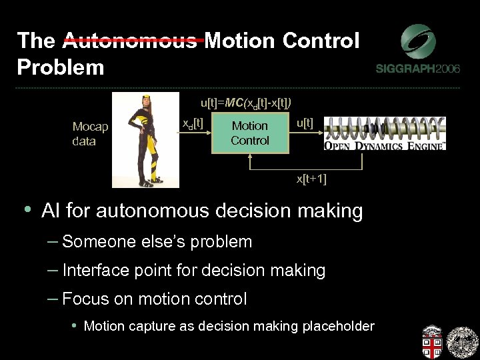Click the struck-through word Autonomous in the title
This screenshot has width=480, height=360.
point(131,41)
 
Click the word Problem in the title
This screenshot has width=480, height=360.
point(61,67)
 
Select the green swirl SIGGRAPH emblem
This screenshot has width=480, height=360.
point(418,41)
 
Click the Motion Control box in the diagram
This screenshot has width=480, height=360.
point(250,133)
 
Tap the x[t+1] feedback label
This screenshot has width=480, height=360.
point(311,179)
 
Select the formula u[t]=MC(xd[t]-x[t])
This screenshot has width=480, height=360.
point(245,103)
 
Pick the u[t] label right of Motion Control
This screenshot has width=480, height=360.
point(305,123)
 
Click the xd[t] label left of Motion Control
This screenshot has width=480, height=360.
point(193,123)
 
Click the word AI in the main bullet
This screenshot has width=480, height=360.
point(51,211)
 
